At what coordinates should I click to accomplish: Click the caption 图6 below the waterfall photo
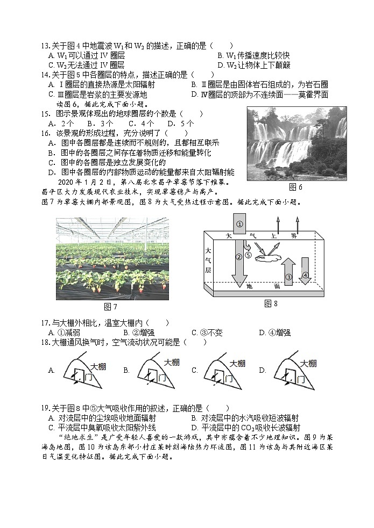pyautogui.click(x=296, y=187)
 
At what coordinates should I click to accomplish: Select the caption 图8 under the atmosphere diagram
pyautogui.click(x=271, y=304)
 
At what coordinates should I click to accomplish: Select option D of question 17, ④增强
pyautogui.click(x=275, y=332)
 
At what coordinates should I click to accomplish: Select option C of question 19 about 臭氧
pyautogui.click(x=102, y=428)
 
